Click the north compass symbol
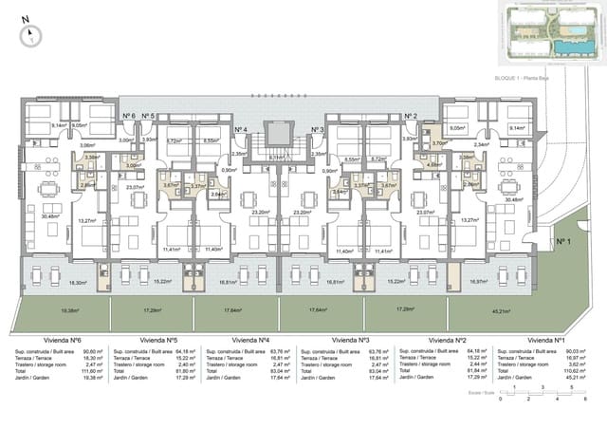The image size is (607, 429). pos(30,33)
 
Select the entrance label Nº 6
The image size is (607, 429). pos(128,116)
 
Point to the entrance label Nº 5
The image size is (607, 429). pos(148,116)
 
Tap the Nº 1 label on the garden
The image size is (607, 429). pos(561,242)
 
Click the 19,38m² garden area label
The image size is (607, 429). pos(69,309)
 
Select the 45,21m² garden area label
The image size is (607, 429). pos(526,309)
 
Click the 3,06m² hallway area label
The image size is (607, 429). pos(86,145)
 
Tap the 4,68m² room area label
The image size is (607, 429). pos(433,164)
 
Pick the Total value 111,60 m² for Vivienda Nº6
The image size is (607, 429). pos(92,371)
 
